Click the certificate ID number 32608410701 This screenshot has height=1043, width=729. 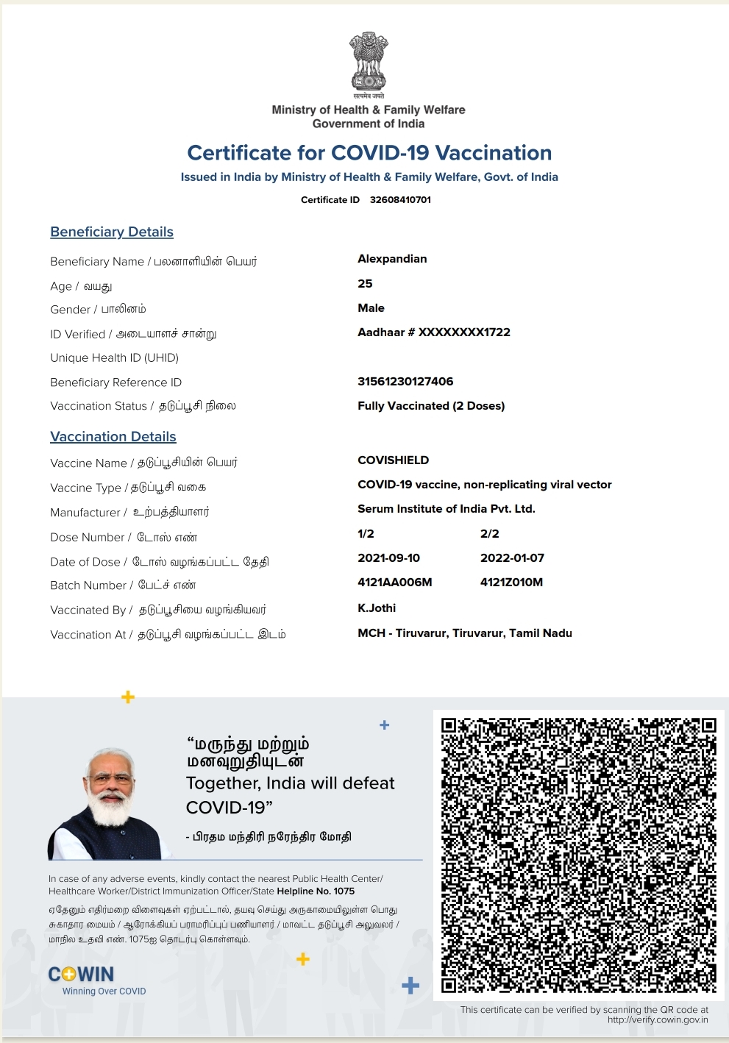pos(400,200)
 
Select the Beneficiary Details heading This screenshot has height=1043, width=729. pos(112,232)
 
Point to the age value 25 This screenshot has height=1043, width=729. pos(365,284)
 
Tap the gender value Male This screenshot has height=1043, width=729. pos(371,308)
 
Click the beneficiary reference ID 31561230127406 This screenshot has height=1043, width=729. pos(405,382)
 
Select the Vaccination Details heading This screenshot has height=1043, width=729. pos(113,437)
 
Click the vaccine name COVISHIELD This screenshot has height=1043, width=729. pos(393,460)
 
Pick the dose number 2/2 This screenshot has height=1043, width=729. pos(490,534)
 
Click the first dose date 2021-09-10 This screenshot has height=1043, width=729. pos(388,558)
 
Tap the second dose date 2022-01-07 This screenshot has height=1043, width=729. pos(512,558)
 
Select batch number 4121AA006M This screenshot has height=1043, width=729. pos(394,583)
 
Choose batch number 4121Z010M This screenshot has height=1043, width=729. pos(511,583)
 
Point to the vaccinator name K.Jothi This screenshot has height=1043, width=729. pos(377,608)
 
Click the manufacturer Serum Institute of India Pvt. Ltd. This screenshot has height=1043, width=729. pos(446,509)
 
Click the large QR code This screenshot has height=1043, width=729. pos(578,855)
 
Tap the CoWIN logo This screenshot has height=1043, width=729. pos(82,975)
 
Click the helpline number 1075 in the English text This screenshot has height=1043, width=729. pos(344,891)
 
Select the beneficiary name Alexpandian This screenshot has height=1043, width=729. pos(392,259)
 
